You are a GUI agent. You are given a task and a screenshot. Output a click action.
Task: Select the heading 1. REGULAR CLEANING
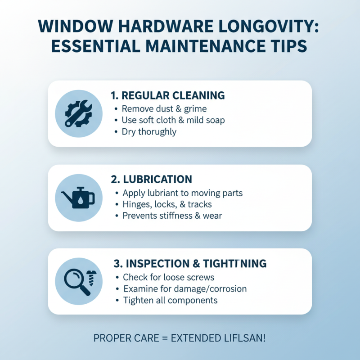[167, 95]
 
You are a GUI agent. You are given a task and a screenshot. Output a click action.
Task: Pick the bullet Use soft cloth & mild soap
[173, 120]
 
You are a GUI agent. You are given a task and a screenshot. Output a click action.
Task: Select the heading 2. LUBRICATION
[151, 179]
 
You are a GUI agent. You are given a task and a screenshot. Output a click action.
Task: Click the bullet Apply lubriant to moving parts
[182, 193]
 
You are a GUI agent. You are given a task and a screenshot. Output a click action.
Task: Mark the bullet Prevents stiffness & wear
[172, 216]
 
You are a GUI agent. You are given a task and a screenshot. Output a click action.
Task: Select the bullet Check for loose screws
[168, 277]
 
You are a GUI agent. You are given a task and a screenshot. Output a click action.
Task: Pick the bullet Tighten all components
[170, 300]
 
